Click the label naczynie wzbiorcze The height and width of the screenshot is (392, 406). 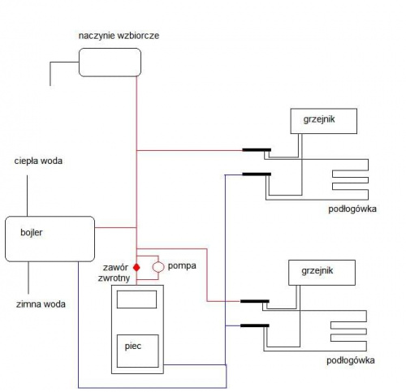[x=119, y=36]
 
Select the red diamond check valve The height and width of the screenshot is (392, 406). [x=136, y=267]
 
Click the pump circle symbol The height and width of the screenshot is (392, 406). [x=158, y=267]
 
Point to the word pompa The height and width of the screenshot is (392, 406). [x=182, y=266]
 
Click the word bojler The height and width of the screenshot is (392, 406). [x=32, y=232]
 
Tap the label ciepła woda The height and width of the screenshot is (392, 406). [x=38, y=162]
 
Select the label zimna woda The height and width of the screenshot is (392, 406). [x=41, y=304]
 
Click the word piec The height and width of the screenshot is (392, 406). [x=133, y=347]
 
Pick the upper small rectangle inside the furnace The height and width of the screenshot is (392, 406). [x=136, y=299]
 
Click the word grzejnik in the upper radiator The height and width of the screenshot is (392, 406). [x=319, y=119]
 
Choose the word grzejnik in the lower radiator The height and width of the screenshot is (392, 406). [x=317, y=271]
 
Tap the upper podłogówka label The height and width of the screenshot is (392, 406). [x=352, y=209]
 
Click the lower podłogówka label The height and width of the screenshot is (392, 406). [x=351, y=360]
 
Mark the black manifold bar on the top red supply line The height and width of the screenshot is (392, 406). [x=257, y=150]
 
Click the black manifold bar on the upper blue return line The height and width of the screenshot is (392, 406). [x=257, y=174]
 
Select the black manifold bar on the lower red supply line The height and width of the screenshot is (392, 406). [x=255, y=301]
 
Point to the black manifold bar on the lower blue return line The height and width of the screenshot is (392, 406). [x=255, y=325]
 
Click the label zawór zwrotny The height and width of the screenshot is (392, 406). [x=114, y=273]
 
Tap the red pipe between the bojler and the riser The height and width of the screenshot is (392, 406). [x=115, y=227]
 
